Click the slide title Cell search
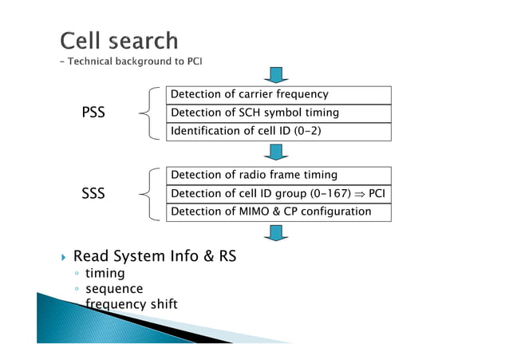coord(119,40)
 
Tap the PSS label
coord(94,113)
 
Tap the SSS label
coord(94,193)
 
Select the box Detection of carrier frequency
coord(278,95)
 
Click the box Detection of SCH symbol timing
coord(278,113)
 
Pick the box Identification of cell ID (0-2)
coord(278,132)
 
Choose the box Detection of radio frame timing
coord(278,175)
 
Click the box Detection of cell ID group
coord(278,193)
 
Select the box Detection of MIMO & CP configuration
coord(278,212)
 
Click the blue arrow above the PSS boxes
coord(278,75)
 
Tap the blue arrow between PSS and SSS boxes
coord(278,152)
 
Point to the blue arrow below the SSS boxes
coord(278,232)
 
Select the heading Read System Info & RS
coord(155,256)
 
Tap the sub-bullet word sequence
coord(114,288)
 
